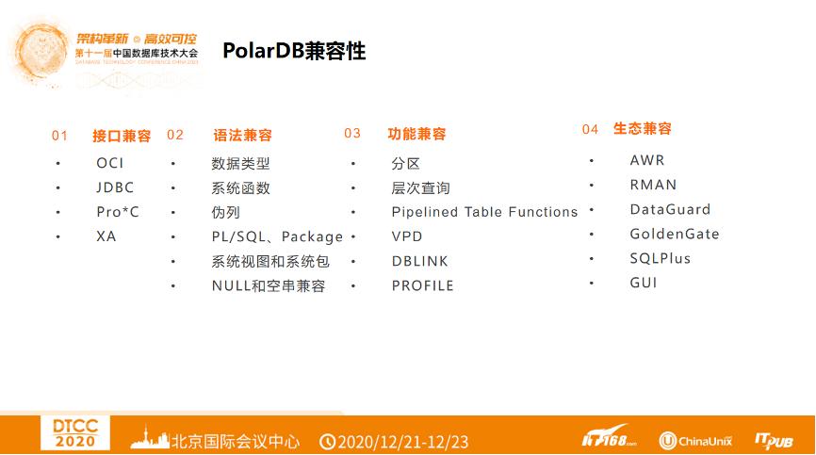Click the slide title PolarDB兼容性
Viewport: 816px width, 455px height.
coord(294,51)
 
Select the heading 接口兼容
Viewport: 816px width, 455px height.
coord(122,136)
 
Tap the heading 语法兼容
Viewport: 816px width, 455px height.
coord(243,136)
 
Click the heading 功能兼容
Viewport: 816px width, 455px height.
coord(416,134)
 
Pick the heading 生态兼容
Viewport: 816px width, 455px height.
coord(643,129)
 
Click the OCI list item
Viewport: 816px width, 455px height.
coord(109,163)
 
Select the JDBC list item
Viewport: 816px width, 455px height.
coord(115,187)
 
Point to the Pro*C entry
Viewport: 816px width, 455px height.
coord(117,212)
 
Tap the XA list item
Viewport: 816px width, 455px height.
coord(106,236)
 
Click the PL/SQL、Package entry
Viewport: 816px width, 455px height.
coord(277,236)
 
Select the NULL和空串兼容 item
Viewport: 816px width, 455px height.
coord(269,285)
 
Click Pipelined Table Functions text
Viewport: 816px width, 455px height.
coord(484,212)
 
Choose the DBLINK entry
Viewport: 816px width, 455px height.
coord(420,261)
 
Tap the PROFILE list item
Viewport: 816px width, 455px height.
coord(422,285)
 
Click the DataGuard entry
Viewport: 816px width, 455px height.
coord(670,209)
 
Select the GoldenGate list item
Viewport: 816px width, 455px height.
coord(674,234)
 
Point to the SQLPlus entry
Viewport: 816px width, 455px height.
coord(660,258)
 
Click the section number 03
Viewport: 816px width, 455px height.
coord(352,134)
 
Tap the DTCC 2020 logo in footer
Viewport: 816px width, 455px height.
coord(74,432)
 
